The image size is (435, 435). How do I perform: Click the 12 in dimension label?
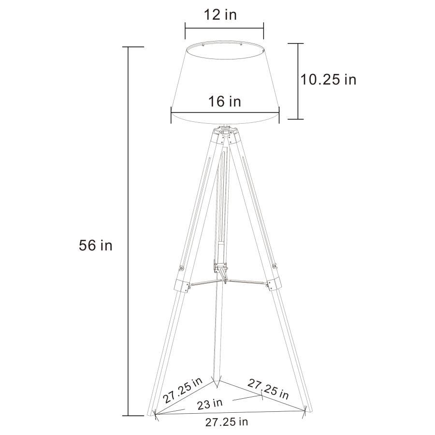pos(223,14)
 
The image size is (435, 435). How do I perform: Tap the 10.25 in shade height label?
pos(328,79)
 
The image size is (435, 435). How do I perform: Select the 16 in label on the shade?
pos(224,101)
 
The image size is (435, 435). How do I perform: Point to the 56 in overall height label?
pos(95,245)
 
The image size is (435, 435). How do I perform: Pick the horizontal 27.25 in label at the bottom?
pos(227,422)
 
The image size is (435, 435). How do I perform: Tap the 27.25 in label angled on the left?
pos(183,391)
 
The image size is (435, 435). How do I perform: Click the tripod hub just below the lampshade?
pos(225,132)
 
